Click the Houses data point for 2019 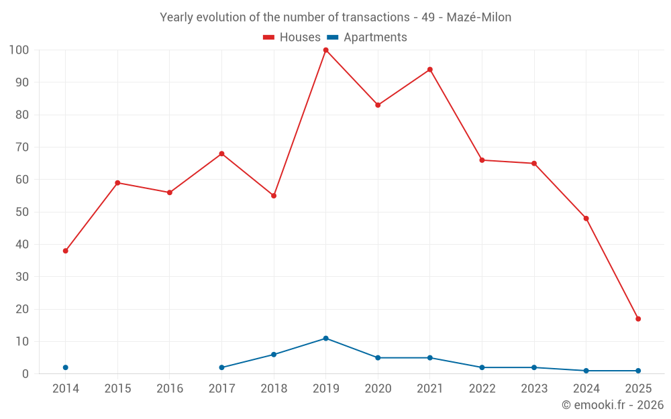(x=325, y=50)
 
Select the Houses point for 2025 (x=638, y=319)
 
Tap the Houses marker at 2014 (x=65, y=251)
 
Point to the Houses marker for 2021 (x=430, y=70)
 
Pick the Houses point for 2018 (x=274, y=196)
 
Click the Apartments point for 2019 (x=325, y=339)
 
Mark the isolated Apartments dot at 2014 (x=65, y=367)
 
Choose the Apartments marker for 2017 (x=221, y=367)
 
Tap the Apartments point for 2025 (x=638, y=371)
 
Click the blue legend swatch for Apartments (x=332, y=38)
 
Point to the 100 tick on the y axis (x=19, y=50)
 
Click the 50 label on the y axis (x=21, y=212)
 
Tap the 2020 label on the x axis (x=378, y=388)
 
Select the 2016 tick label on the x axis (x=169, y=388)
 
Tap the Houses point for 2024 (x=586, y=219)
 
